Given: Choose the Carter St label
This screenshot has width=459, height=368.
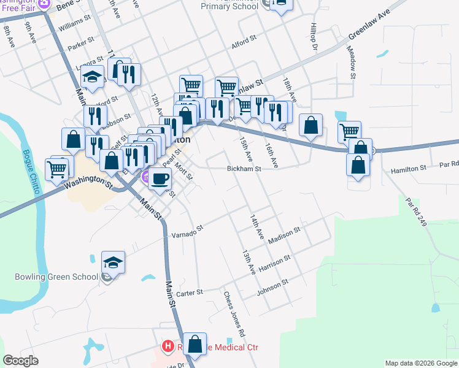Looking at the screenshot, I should (x=190, y=293).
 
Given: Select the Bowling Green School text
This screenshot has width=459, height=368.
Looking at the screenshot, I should (x=56, y=276).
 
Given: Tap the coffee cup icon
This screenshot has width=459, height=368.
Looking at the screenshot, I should (x=160, y=179).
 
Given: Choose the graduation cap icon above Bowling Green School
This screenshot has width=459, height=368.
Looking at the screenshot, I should (x=113, y=263).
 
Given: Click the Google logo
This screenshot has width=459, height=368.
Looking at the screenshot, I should (x=21, y=361).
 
